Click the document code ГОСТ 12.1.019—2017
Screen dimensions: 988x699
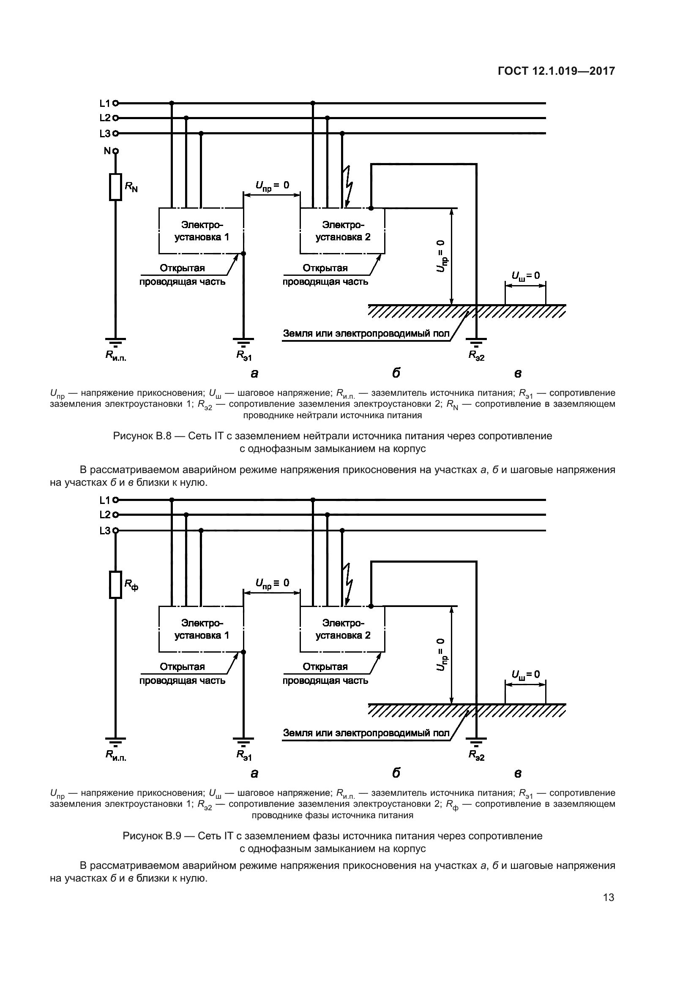(x=556, y=71)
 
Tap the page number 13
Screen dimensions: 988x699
(x=609, y=897)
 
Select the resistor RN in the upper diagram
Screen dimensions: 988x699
(x=115, y=187)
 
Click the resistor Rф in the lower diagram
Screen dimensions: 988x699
(x=115, y=584)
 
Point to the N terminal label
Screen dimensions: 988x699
(x=107, y=151)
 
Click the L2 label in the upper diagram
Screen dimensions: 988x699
(x=105, y=118)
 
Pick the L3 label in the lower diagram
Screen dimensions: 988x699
(x=105, y=531)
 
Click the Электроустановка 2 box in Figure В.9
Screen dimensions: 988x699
(x=342, y=629)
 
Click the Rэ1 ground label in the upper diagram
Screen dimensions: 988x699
(x=244, y=355)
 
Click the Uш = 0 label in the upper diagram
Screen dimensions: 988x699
(x=525, y=275)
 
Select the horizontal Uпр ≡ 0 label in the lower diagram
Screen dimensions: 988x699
(x=272, y=583)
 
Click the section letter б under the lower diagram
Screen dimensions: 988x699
(x=396, y=773)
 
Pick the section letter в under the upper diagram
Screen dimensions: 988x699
(x=518, y=373)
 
